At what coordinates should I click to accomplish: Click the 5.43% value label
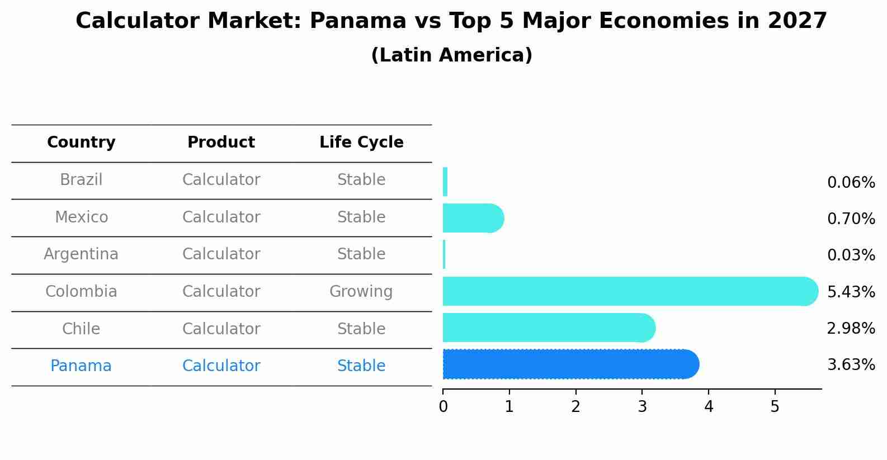pos(851,292)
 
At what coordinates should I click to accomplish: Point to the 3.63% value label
pos(851,365)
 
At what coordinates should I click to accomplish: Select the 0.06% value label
pos(851,183)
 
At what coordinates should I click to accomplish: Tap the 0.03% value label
pos(851,255)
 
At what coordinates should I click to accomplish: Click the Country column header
pos(81,143)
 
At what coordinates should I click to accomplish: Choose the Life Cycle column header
pos(361,143)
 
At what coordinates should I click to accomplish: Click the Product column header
pos(221,143)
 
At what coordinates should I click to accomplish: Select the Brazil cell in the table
pos(81,180)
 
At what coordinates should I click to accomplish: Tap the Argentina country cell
pos(81,254)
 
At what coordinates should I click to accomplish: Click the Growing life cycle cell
pos(361,292)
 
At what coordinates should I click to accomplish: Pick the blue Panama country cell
pos(81,366)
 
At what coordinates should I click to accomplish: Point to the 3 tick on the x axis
pos(642,407)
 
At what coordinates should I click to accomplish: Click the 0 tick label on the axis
pos(443,407)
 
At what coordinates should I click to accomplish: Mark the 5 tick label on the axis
pos(775,407)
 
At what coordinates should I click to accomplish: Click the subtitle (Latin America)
pos(451,55)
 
